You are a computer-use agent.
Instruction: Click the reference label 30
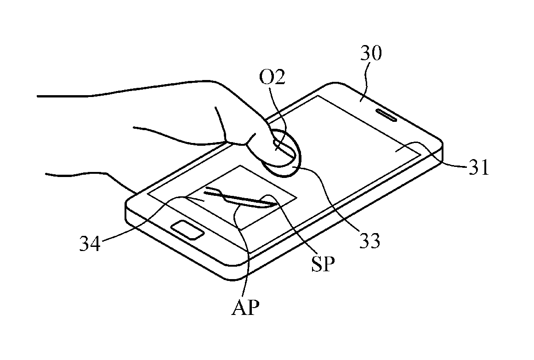point(371,53)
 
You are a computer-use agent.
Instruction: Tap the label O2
point(272,78)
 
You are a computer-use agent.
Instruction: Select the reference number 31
point(479,167)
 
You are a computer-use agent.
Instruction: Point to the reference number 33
point(369,241)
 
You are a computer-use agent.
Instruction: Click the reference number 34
point(90,244)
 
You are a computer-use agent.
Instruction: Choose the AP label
point(245,308)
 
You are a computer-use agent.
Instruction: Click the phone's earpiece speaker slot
point(386,115)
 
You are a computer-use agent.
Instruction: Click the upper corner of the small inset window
point(240,166)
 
